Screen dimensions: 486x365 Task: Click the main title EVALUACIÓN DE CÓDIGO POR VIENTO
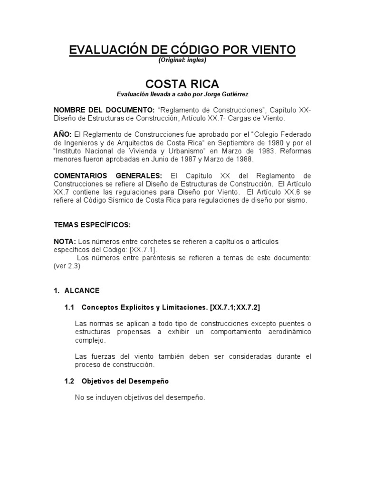pos(182,50)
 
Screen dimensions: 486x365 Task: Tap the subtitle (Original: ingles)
pos(182,60)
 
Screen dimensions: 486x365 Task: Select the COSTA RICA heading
pos(182,84)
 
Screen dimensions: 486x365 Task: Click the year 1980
pos(286,143)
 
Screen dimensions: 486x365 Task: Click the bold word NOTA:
pos(64,242)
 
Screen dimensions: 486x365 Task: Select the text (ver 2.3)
pos(67,266)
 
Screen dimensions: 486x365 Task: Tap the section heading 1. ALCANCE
pos(77,290)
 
